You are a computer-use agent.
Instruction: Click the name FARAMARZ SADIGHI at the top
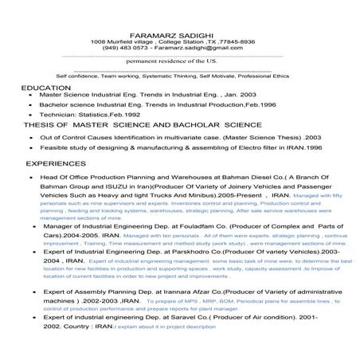click(x=172, y=30)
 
